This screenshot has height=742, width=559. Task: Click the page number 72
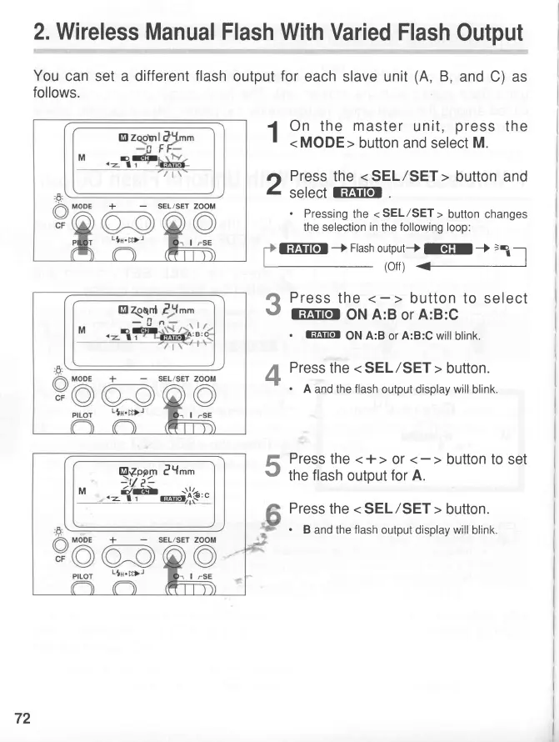[22, 719]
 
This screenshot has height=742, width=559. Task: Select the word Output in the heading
[482, 33]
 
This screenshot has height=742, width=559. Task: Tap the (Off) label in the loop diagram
[394, 266]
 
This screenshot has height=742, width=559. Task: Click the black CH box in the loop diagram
[448, 248]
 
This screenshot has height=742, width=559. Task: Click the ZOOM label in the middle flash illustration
[204, 379]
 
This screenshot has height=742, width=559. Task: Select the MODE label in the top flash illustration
[82, 204]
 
